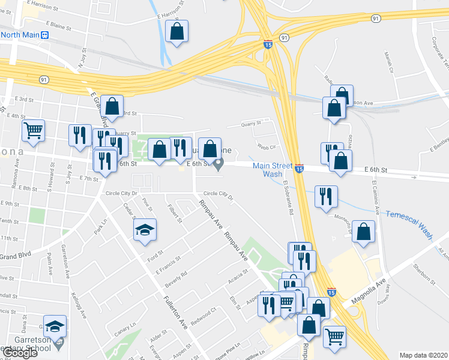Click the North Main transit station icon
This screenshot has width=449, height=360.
[44, 35]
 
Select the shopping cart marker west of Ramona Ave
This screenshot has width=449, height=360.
[34, 130]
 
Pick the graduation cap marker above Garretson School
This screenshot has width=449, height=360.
[55, 326]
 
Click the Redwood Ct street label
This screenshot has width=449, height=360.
[205, 314]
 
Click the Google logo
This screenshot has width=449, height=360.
[20, 353]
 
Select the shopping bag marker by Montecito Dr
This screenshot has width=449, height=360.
[363, 232]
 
